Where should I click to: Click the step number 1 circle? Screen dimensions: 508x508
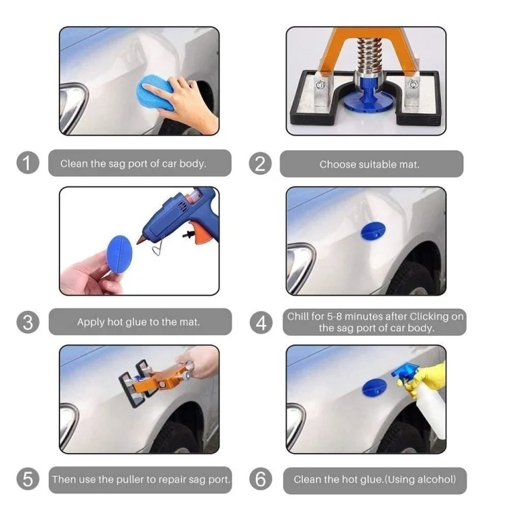28,163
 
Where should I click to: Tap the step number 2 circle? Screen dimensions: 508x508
260,163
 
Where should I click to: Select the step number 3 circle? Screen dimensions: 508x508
28,322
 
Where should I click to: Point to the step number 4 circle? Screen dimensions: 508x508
260,322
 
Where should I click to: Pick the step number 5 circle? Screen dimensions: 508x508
28,480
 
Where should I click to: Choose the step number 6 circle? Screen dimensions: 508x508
260,480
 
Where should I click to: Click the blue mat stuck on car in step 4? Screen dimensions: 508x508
371,230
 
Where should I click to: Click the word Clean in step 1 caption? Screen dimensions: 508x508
74,163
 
